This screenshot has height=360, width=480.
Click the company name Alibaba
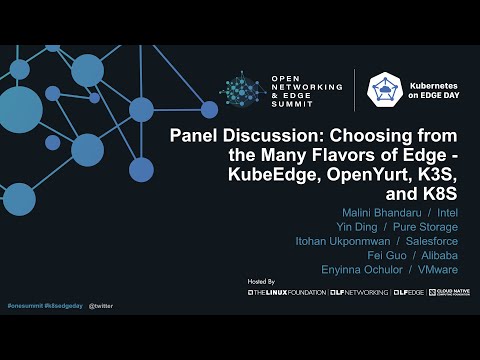click(436, 255)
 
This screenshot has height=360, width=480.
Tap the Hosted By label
click(260, 283)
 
